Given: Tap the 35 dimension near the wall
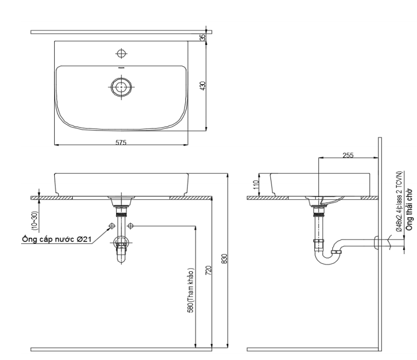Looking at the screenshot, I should click(x=203, y=36).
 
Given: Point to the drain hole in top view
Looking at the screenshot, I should click(x=121, y=87).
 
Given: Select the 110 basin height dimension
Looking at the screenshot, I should click(x=253, y=184).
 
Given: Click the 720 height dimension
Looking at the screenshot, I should click(x=207, y=271).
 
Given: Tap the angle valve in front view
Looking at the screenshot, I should click(x=121, y=242).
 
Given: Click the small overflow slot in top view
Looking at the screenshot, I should click(x=121, y=68).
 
